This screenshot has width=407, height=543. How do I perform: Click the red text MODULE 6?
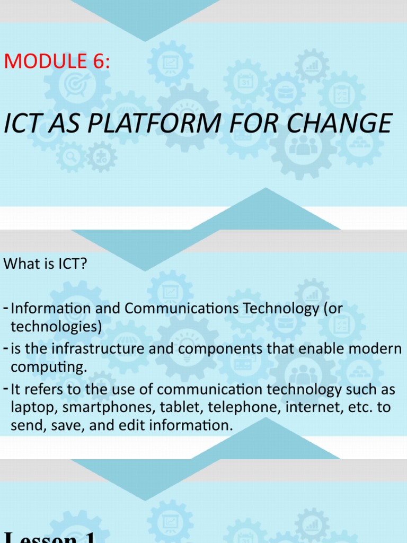tap(57, 62)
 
